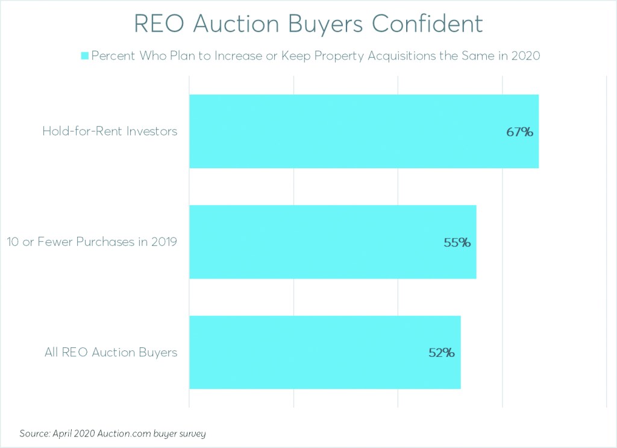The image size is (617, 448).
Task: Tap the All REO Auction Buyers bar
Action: click(x=325, y=352)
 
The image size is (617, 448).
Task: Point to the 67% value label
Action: click(x=519, y=132)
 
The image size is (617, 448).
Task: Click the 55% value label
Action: click(x=457, y=243)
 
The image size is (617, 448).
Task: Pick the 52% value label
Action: click(x=441, y=353)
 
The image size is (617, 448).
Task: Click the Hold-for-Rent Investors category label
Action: click(x=110, y=131)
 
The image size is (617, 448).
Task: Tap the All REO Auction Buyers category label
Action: click(x=111, y=352)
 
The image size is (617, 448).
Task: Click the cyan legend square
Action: click(x=85, y=56)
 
